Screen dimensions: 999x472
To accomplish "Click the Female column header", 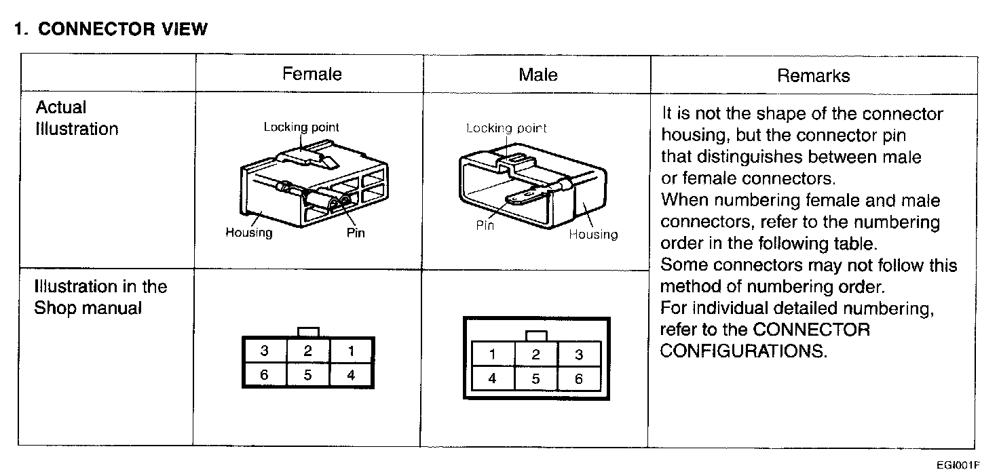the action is point(312,74).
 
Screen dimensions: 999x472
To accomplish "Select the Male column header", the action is point(538,74).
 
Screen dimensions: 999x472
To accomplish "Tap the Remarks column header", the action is point(813,75).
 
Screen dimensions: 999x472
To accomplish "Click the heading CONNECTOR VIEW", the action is point(111,29).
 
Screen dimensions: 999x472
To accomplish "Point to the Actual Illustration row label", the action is point(76,118).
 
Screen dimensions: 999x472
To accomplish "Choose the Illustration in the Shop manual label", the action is point(100,297).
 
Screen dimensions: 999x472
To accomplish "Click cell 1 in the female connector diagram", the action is point(351,351).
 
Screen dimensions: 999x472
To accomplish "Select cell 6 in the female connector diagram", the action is point(264,375).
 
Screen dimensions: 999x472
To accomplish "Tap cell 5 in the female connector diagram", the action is point(307,375).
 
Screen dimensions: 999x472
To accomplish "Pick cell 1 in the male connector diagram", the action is point(492,354).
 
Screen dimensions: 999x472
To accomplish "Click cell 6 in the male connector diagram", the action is point(579,379).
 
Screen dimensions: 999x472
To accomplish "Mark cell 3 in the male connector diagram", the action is point(579,354).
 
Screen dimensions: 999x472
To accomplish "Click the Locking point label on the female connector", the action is point(301,127).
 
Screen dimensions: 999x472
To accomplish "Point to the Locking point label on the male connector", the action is point(506,128).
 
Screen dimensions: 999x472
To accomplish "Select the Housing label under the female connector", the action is point(249,233).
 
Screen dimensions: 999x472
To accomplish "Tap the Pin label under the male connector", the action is point(485,226).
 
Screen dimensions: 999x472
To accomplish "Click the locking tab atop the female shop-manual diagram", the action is point(309,332).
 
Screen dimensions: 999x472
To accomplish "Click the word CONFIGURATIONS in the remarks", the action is point(744,352).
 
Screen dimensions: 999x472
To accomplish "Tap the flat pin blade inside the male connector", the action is point(525,197).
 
